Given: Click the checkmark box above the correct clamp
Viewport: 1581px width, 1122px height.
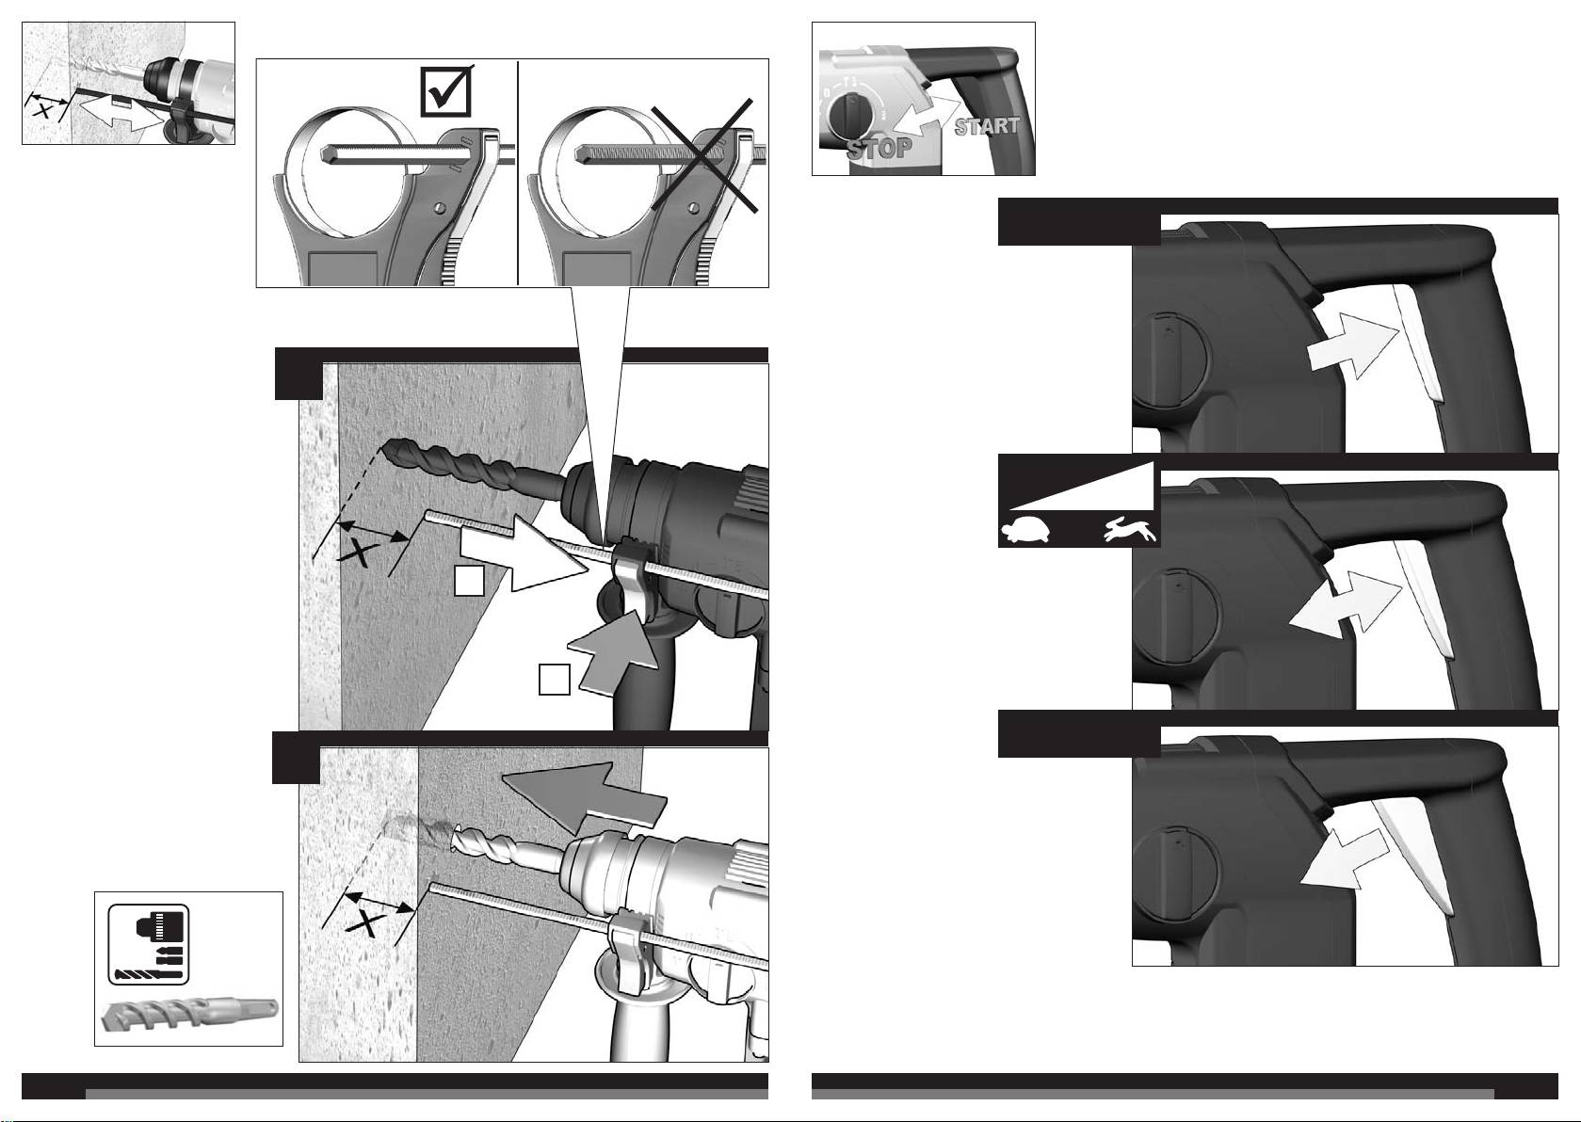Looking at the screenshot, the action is click(x=446, y=90).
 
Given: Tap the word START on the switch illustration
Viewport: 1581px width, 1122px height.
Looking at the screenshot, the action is click(x=987, y=126).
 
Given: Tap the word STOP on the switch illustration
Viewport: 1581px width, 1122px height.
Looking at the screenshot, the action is click(x=879, y=148).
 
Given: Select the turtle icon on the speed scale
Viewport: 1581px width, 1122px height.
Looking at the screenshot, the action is click(x=1025, y=530).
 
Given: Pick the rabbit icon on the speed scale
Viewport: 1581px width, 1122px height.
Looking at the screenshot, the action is click(x=1131, y=530).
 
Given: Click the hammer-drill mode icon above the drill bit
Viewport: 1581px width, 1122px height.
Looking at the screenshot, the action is click(x=148, y=944).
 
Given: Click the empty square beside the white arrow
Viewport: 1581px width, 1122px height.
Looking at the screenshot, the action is click(x=469, y=580).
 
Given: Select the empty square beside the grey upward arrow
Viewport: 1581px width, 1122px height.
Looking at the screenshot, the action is click(x=554, y=680).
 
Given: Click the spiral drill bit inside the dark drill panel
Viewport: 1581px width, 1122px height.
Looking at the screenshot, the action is click(x=473, y=463).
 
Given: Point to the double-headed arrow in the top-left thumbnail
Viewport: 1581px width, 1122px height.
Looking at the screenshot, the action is click(x=119, y=114).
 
